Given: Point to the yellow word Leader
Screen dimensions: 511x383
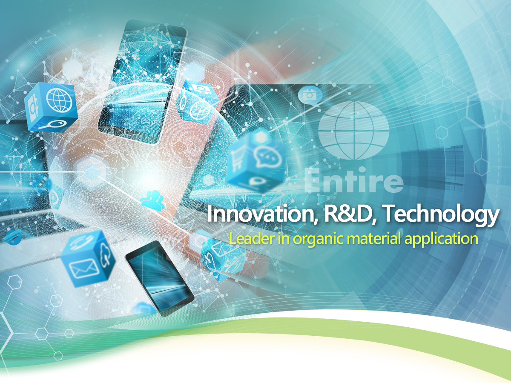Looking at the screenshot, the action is (252, 239).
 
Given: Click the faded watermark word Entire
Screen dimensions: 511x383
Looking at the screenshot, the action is (353, 180).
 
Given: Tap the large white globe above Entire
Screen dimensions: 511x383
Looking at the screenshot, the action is (353, 130).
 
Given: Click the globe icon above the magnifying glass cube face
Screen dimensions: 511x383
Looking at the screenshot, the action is (59, 100).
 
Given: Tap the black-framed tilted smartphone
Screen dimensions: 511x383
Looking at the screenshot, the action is (159, 279).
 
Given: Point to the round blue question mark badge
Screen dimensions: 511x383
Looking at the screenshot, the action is (14, 237).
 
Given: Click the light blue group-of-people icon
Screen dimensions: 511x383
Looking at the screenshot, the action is (153, 200).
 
